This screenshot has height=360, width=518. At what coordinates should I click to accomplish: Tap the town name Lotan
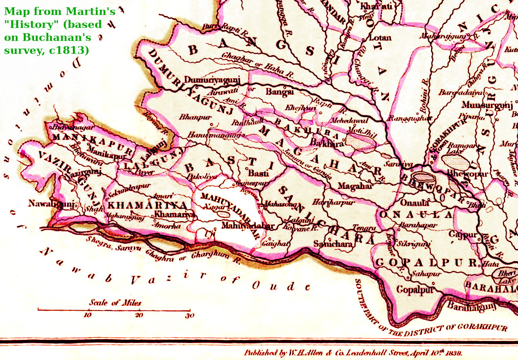point(380,38)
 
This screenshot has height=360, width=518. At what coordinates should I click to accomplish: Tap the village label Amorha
point(168,226)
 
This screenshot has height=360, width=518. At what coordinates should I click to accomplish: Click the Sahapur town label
point(426,274)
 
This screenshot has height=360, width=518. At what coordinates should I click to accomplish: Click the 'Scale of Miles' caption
point(115,302)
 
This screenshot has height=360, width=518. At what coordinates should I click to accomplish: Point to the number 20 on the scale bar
point(139,315)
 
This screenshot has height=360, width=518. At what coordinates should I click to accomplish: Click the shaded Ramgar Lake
point(455,162)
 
